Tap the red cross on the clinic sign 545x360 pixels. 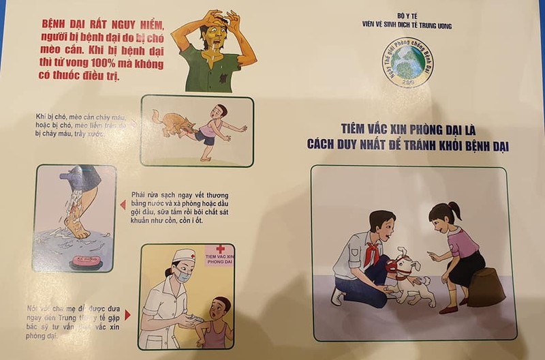tap(220, 250)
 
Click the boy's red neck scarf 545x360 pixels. tap(372, 241)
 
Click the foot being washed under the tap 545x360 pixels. tap(77, 224)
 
